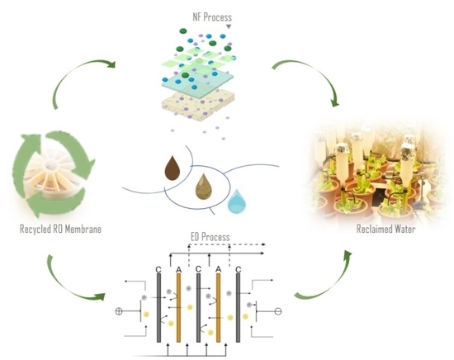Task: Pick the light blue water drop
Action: click(238, 199)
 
